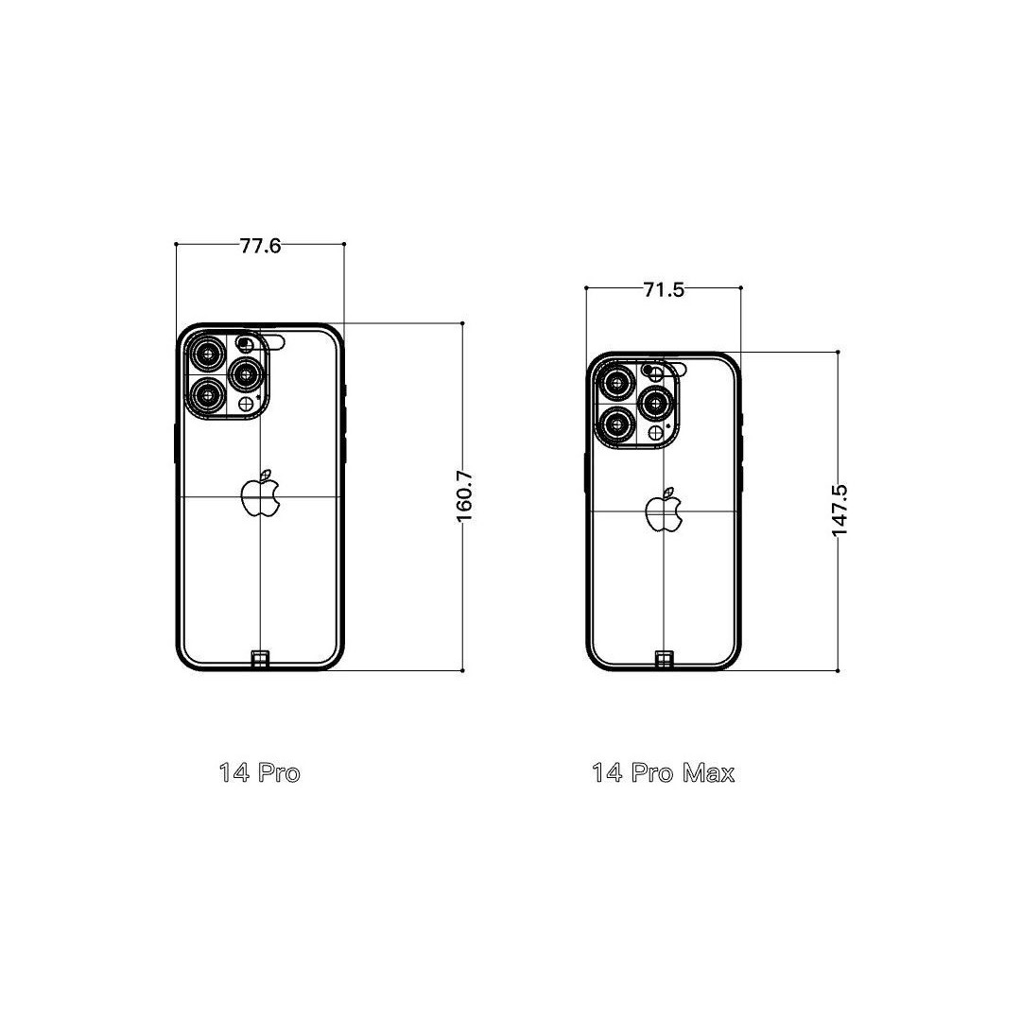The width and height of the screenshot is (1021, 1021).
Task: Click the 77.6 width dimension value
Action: pyautogui.click(x=261, y=246)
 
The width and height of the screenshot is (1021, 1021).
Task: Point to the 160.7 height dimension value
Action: pyautogui.click(x=464, y=496)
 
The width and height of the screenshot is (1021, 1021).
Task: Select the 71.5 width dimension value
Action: pyautogui.click(x=665, y=290)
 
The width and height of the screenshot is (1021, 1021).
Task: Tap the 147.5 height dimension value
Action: pyautogui.click(x=839, y=510)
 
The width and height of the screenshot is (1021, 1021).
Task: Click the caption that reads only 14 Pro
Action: pyautogui.click(x=260, y=773)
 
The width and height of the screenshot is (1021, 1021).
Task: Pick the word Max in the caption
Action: pyautogui.click(x=708, y=773)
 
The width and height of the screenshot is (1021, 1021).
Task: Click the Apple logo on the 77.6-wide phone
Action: pyautogui.click(x=261, y=493)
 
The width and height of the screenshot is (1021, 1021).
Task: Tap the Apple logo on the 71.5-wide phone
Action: pyautogui.click(x=665, y=510)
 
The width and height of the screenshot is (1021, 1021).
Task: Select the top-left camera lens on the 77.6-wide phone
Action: pyautogui.click(x=208, y=355)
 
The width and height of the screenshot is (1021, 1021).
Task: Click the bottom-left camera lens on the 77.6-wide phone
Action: pyautogui.click(x=208, y=395)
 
